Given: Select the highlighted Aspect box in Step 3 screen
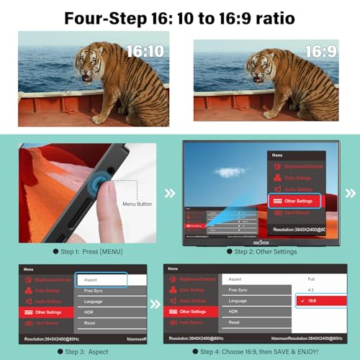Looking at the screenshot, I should (x=102, y=279).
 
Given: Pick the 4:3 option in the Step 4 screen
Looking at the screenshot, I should (x=311, y=289).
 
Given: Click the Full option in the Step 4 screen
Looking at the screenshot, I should (x=312, y=279).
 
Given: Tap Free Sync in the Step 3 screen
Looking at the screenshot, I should (x=93, y=289).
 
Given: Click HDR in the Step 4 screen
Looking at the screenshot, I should (x=233, y=311).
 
